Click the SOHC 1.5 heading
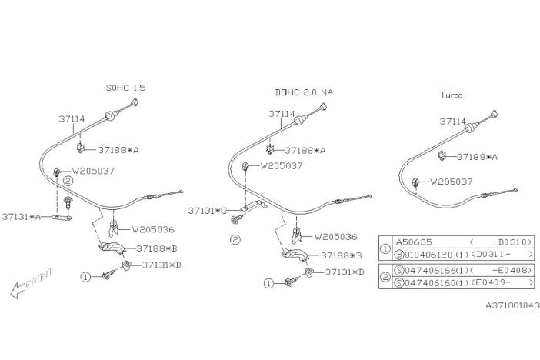pyautogui.click(x=125, y=88)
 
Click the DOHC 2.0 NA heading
pyautogui.click(x=304, y=92)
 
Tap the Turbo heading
pyautogui.click(x=452, y=95)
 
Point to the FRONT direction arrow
pyautogui.click(x=31, y=282)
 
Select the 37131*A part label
pyautogui.click(x=22, y=217)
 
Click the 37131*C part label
pyautogui.click(x=208, y=211)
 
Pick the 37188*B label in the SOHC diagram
pyautogui.click(x=157, y=248)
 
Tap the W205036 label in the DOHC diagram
pyautogui.click(x=336, y=237)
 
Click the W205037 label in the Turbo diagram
pyautogui.click(x=452, y=182)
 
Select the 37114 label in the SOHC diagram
pyautogui.click(x=72, y=119)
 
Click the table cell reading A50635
pyautogui.click(x=414, y=242)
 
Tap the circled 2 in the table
pyautogui.click(x=385, y=277)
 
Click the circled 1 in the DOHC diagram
pyautogui.click(x=268, y=284)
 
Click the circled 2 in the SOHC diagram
pyautogui.click(x=68, y=181)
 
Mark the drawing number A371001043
pyautogui.click(x=513, y=305)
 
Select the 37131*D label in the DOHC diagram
pyautogui.click(x=345, y=272)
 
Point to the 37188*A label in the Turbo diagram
pyautogui.click(x=478, y=157)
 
